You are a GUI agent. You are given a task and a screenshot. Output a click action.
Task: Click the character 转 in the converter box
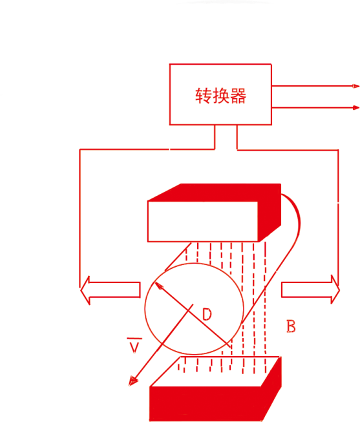[203, 96]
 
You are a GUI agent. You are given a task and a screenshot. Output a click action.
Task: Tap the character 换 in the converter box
[221, 96]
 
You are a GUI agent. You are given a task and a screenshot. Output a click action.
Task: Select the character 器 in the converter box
[238, 96]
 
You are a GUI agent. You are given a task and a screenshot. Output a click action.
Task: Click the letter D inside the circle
[207, 314]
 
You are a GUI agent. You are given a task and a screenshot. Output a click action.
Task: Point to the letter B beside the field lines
[291, 326]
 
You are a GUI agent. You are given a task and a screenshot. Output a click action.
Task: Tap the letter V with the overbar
[134, 345]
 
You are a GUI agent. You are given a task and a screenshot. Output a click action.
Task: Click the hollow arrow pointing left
[110, 290]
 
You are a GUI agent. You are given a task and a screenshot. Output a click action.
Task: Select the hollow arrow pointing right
[310, 290]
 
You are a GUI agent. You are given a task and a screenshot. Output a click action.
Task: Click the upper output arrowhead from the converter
[356, 86]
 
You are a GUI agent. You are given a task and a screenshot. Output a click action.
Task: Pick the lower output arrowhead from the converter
[356, 108]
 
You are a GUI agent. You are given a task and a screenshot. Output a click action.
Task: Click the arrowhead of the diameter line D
[158, 286]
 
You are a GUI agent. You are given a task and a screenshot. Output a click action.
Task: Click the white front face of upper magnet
[203, 221]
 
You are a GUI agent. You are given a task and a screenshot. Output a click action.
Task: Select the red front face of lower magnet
[205, 404]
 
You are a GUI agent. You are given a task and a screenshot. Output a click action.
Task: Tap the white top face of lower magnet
[215, 372]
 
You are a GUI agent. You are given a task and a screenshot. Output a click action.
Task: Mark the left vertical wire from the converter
[79, 218]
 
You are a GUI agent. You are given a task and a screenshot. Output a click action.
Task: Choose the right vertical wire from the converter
[338, 217]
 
